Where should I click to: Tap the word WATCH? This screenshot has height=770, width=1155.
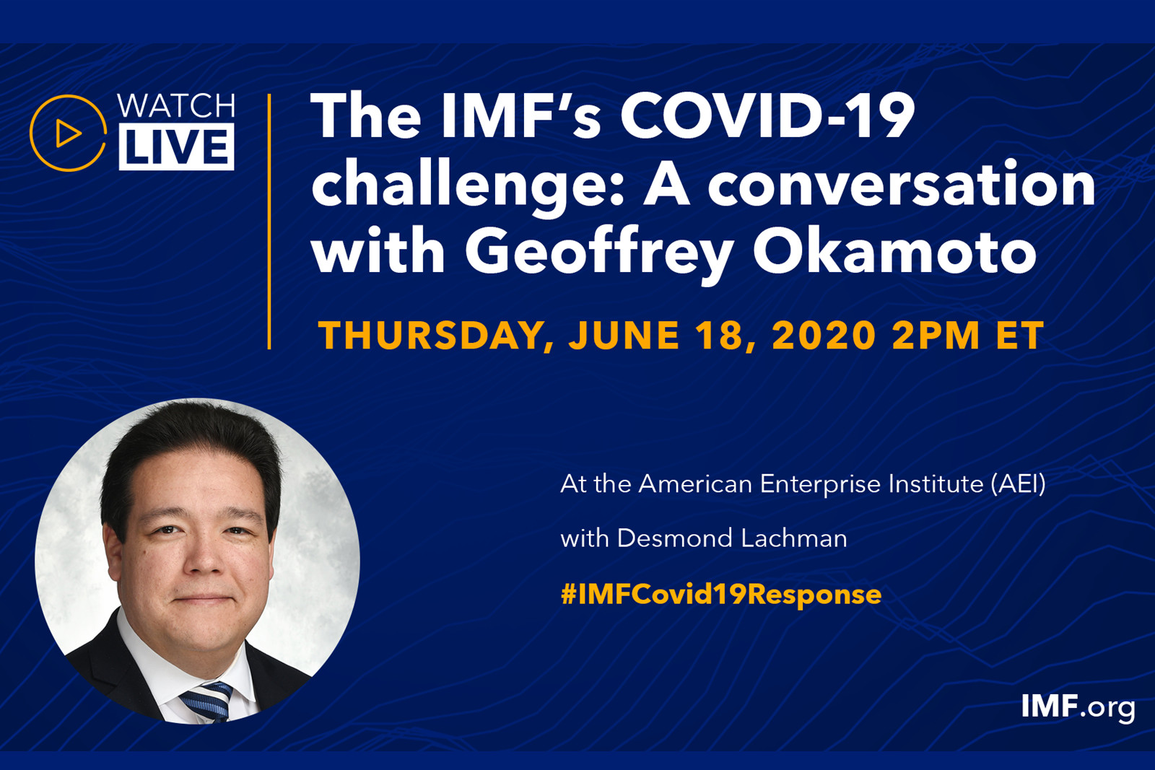click(x=176, y=106)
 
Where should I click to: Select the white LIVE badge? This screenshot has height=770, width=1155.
click(x=176, y=147)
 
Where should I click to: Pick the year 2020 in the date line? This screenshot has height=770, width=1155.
click(x=824, y=336)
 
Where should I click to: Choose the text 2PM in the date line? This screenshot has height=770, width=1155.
click(x=936, y=336)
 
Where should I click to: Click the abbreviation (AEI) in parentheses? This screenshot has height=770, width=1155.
click(x=1018, y=484)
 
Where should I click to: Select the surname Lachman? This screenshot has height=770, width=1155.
click(x=794, y=538)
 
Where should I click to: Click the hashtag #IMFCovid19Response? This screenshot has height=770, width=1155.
click(x=721, y=594)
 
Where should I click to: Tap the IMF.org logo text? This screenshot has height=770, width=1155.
click(x=1078, y=707)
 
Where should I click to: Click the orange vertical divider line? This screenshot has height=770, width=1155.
click(x=269, y=222)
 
